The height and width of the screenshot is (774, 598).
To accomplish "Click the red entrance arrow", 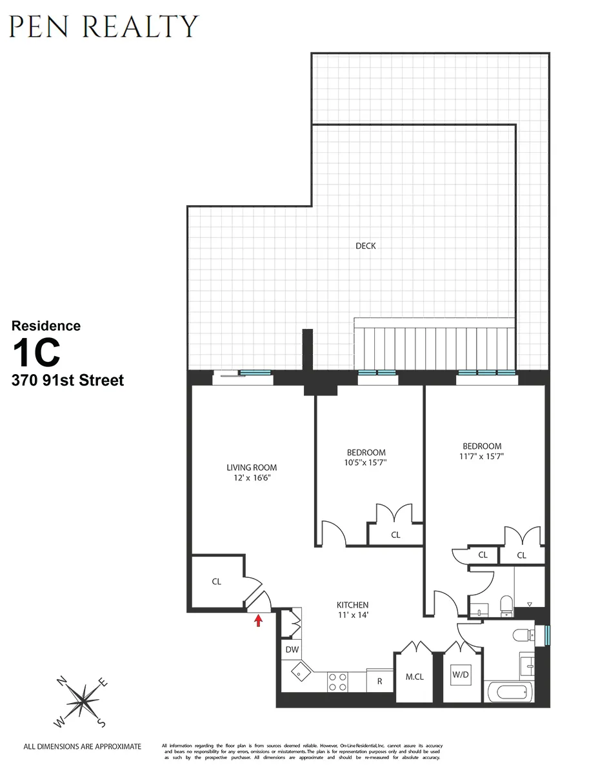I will pyautogui.click(x=259, y=620).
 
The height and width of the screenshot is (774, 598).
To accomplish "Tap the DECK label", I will pyautogui.click(x=366, y=246).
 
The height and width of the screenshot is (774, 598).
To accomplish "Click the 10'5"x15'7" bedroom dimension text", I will pyautogui.click(x=366, y=463).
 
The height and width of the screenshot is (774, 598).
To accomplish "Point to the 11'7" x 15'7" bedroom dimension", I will pyautogui.click(x=482, y=457).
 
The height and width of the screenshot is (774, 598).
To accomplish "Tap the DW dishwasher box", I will pyautogui.click(x=292, y=650).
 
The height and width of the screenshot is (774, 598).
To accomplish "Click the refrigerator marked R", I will pyautogui.click(x=380, y=680).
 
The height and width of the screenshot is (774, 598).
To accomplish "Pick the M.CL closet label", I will pyautogui.click(x=414, y=677).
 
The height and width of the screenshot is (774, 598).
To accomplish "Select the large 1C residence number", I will pyautogui.click(x=37, y=352).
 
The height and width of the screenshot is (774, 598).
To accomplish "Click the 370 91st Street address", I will pyautogui.click(x=67, y=381).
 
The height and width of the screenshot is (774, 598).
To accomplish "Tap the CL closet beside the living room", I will pyautogui.click(x=217, y=581).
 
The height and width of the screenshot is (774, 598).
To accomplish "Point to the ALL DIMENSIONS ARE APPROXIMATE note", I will pyautogui.click(x=82, y=747).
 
